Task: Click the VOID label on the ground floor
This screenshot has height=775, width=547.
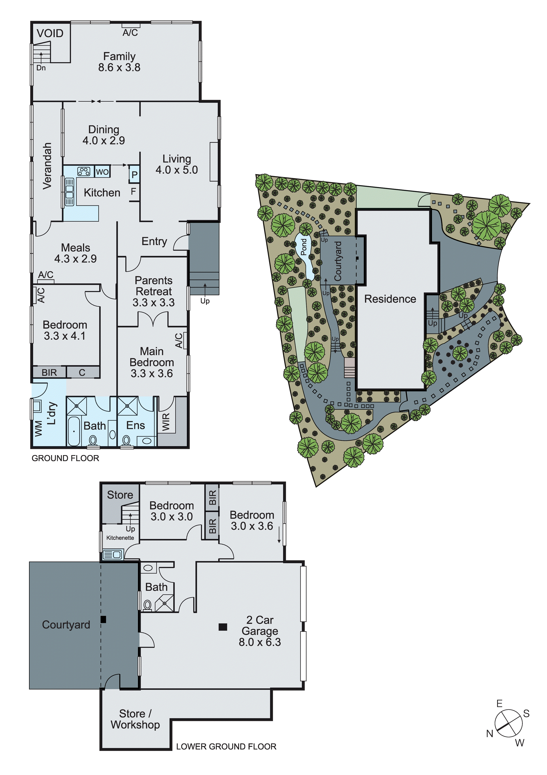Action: pos(50,33)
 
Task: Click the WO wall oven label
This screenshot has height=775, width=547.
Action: pos(102,172)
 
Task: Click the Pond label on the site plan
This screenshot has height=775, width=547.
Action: pos(304,247)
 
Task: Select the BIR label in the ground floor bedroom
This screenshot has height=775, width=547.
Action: pos(49,373)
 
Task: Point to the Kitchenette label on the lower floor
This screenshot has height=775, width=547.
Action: pos(120,538)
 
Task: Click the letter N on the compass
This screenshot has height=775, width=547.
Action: pos(489,733)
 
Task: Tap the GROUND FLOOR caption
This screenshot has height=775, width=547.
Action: pos(65,458)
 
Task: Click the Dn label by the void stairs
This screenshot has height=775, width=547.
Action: pos(41,68)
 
